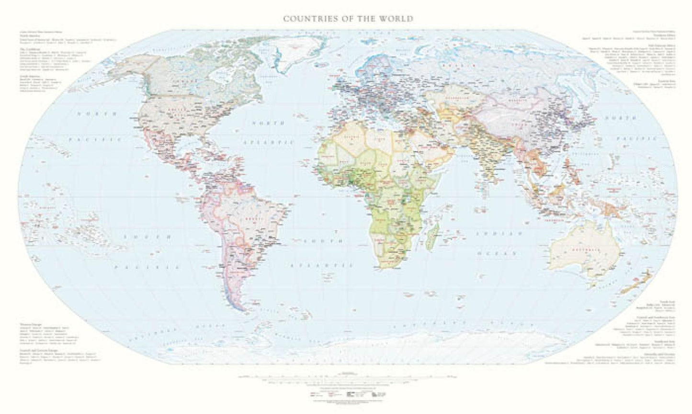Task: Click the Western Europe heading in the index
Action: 28,324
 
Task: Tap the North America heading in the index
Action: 28,36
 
